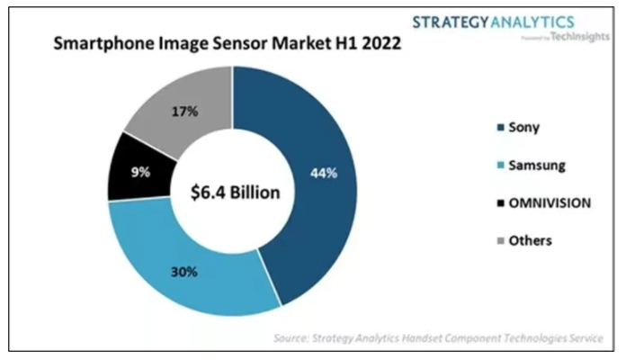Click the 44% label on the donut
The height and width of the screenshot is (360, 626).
point(324,172)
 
